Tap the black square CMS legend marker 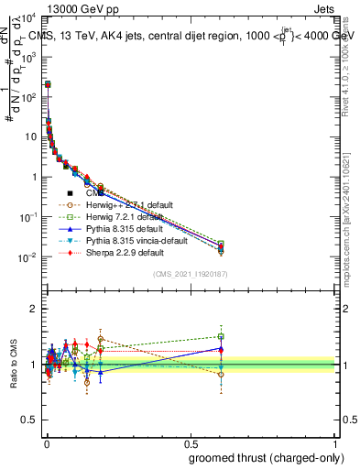click(70, 193)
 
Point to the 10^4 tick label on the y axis click(28, 17)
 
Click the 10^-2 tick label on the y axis click(28, 257)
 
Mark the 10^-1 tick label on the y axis click(28, 217)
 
